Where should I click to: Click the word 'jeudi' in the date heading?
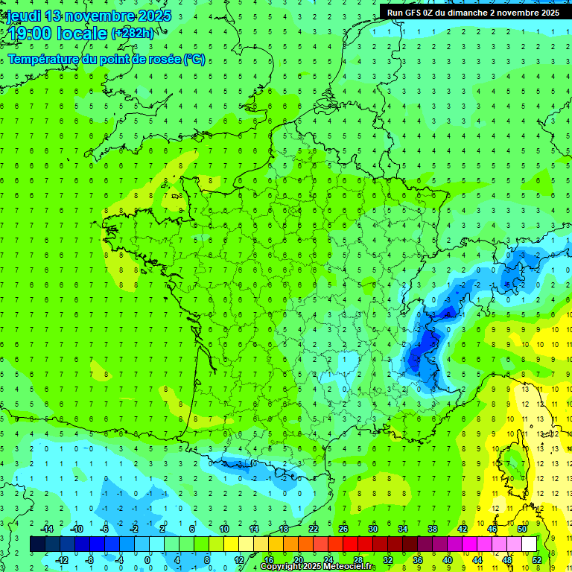23,16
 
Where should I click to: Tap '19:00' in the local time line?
27,33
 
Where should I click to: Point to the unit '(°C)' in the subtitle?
194,60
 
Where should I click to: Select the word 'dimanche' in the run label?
466,13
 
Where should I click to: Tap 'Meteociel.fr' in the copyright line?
349,567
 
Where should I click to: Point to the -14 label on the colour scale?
48,528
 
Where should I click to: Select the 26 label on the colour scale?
343,528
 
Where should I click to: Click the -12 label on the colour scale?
63,560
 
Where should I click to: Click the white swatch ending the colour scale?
529,544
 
